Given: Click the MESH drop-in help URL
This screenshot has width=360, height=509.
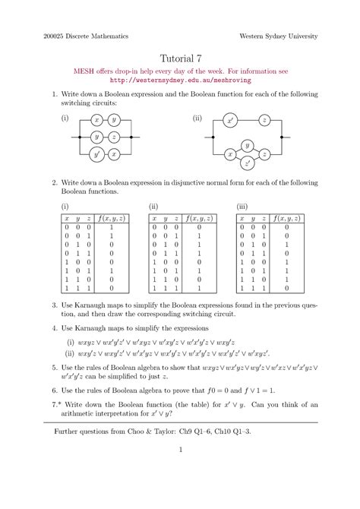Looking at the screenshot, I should [180, 79].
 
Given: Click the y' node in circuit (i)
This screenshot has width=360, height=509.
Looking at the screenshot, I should [96, 154].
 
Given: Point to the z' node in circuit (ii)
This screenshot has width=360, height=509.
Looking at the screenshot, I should [248, 163].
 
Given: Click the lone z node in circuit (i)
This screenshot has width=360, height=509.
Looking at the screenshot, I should [114, 138].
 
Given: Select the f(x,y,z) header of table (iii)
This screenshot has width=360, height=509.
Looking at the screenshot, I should [287, 218].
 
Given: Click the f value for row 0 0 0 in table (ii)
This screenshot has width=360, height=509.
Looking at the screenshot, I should [199, 227].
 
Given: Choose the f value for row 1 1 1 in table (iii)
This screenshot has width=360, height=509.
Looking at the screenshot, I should [287, 289].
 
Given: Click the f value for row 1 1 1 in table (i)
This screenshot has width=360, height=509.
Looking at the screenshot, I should [112, 289].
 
